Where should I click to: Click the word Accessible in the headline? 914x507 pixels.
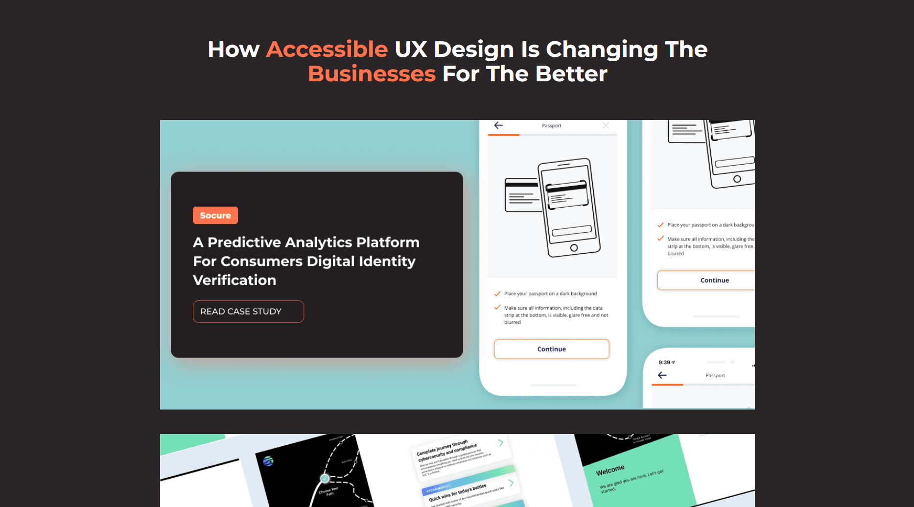(x=327, y=49)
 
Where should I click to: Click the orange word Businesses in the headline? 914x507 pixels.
(x=372, y=74)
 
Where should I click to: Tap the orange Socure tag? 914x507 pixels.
(x=215, y=216)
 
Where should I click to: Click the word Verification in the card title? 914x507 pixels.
(x=234, y=280)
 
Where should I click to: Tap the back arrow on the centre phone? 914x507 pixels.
(x=498, y=125)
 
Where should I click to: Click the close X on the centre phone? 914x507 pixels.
(x=606, y=126)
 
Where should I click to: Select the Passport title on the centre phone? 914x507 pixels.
(x=552, y=126)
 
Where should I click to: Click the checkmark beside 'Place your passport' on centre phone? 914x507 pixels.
(x=497, y=294)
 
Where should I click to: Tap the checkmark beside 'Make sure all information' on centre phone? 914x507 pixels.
(x=497, y=308)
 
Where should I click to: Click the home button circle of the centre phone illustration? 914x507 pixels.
(x=574, y=248)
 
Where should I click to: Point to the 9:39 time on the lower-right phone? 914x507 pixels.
(x=664, y=362)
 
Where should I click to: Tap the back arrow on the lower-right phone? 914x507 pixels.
(x=662, y=375)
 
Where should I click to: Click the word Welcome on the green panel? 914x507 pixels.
(x=610, y=470)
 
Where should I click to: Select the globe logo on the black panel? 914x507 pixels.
(x=268, y=461)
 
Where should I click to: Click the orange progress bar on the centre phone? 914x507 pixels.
(x=504, y=135)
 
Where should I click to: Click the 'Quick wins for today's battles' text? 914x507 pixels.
(x=458, y=493)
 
